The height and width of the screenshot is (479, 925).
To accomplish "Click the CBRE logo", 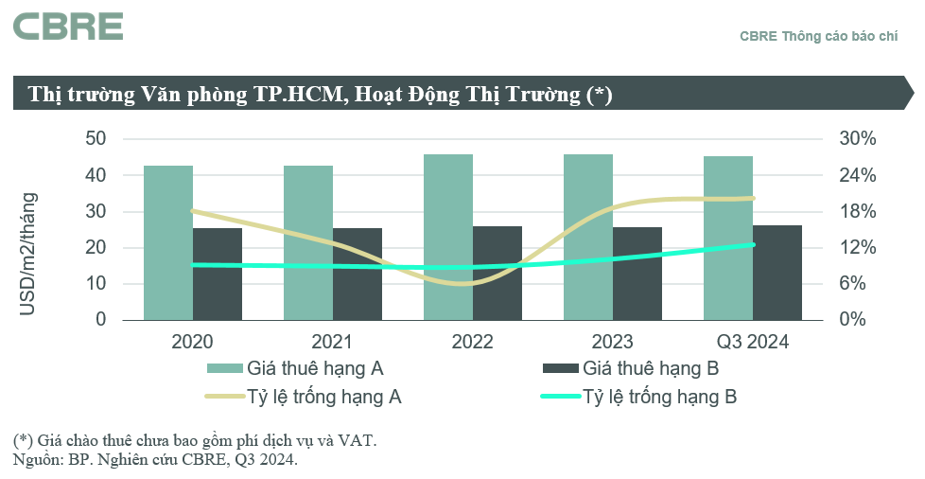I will [67, 27].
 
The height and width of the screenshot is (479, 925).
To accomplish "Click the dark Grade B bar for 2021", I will [358, 274].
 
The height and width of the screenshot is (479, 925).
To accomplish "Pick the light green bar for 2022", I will [448, 237].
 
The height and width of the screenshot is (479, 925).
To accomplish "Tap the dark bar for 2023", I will [637, 274].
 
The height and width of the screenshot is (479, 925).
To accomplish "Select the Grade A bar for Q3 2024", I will [728, 238].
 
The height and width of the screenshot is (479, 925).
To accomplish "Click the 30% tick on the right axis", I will [858, 139].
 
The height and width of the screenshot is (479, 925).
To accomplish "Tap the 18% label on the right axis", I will [858, 211].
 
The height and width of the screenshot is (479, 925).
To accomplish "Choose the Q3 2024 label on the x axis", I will [753, 342].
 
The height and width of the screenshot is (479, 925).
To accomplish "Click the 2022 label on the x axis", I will [472, 342].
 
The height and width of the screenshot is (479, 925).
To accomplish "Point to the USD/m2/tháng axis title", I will [28, 254].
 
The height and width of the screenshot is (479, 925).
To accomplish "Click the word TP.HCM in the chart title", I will [289, 95].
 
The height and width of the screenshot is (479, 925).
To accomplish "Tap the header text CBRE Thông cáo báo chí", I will [818, 36].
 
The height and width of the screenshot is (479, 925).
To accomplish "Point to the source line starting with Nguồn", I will [155, 460].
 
